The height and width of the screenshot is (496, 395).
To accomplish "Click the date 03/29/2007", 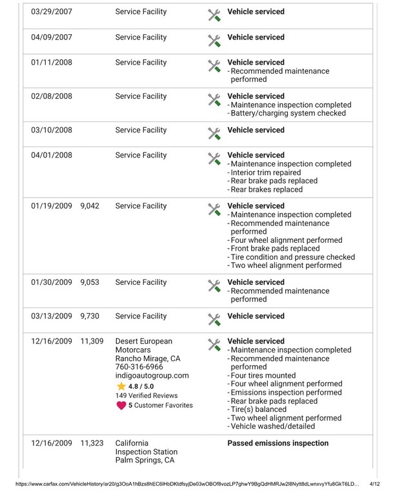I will (52, 12).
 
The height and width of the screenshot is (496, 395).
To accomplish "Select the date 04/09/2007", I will (52, 37).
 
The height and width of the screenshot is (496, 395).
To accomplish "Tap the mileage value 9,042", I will (90, 207).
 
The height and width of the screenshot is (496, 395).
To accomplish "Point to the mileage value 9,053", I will (90, 283).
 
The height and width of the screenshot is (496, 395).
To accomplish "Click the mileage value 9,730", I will (90, 316).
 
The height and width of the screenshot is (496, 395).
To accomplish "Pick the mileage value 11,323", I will (92, 444).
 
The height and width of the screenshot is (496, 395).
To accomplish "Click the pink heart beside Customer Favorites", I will (121, 406).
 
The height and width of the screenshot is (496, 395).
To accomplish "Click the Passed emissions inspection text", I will (278, 444).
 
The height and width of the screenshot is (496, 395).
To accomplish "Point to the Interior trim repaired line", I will (265, 172).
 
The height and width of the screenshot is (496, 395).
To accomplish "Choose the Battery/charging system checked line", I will (288, 114).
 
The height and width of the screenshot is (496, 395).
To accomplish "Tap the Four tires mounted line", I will (263, 375).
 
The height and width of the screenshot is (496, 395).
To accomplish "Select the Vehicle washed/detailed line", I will (273, 426).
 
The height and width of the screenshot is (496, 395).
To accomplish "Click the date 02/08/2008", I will (52, 97).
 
